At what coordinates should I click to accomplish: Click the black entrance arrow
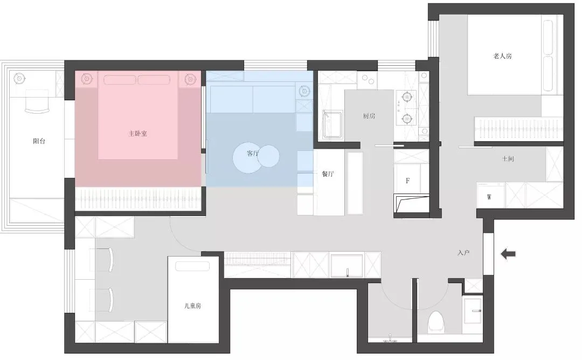tap(508, 254)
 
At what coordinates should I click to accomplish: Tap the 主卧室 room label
tap(138, 133)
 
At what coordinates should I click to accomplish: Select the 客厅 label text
tap(253, 154)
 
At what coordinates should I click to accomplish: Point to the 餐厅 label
tap(328, 174)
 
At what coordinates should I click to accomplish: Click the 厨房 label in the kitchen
tap(369, 116)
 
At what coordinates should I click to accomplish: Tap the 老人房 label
tap(502, 56)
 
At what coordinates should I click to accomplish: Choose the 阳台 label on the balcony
tap(39, 141)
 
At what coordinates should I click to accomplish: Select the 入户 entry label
tap(463, 252)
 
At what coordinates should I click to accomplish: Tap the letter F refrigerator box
tap(408, 181)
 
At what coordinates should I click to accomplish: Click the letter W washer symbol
tap(489, 197)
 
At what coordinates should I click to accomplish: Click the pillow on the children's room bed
tap(192, 266)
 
